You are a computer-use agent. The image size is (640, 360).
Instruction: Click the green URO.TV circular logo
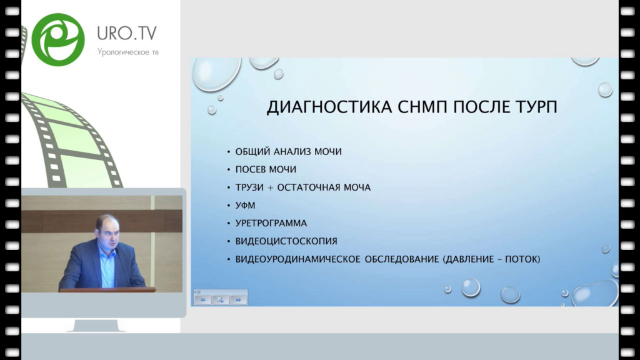pos(58,39)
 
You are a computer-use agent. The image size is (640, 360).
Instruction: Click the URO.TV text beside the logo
pos(126,33)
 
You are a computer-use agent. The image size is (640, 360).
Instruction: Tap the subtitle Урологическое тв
pos(127,52)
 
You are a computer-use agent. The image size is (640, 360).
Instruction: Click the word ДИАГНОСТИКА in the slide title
pos(329,107)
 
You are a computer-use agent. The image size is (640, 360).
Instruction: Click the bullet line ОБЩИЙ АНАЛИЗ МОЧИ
pos(288,151)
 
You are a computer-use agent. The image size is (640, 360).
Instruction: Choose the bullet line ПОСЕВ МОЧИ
pos(266,169)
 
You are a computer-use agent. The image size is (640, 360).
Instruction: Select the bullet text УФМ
pos(245,205)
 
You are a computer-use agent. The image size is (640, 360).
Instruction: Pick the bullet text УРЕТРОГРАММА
pos(271,223)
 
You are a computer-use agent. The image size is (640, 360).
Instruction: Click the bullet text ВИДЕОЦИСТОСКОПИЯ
pos(286,241)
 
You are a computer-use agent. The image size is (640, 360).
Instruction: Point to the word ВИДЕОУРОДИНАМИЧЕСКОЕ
pos(297,259)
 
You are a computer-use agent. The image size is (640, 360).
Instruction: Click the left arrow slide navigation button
pos(203,299)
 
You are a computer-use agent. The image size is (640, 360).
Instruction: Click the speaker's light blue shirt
pos(107,269)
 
